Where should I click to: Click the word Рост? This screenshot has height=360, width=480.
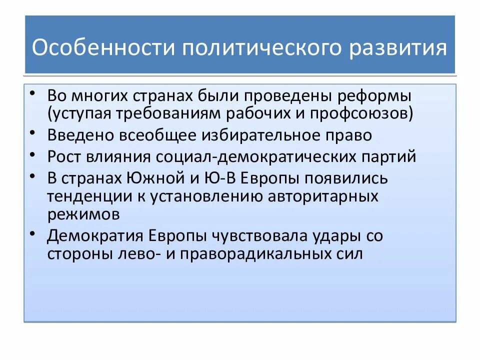(x=65, y=156)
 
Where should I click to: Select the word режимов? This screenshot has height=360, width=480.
(x=83, y=214)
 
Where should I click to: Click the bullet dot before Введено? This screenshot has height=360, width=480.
(x=32, y=132)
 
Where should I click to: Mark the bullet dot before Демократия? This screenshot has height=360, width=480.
(x=32, y=232)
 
